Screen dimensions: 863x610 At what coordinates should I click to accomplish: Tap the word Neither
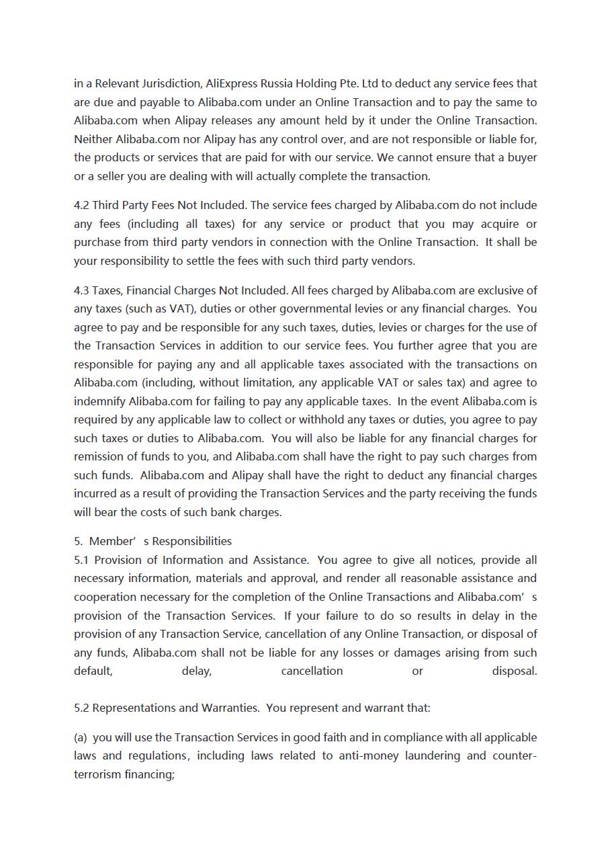[x=93, y=139]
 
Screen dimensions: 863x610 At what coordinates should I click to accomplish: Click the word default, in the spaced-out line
[x=93, y=671]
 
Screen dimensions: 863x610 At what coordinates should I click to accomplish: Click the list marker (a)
[x=81, y=737]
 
